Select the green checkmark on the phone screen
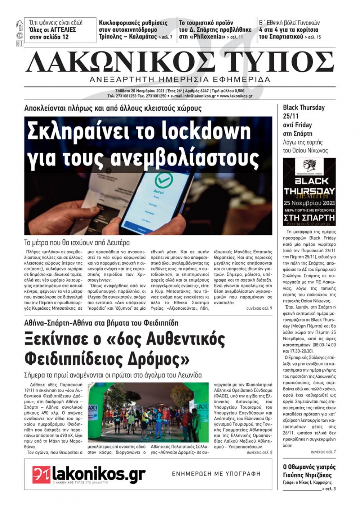(163, 180)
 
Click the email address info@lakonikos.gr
(194, 96)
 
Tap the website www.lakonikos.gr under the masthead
(236, 96)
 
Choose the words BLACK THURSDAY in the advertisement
(309, 186)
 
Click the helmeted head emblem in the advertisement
(309, 168)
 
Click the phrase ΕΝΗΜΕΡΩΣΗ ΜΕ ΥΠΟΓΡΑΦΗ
(216, 474)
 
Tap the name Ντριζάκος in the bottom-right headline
(317, 475)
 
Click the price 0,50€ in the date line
(238, 91)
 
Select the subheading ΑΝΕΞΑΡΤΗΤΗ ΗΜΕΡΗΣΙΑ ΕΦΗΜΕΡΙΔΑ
(180, 80)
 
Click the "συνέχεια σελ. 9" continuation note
(259, 308)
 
